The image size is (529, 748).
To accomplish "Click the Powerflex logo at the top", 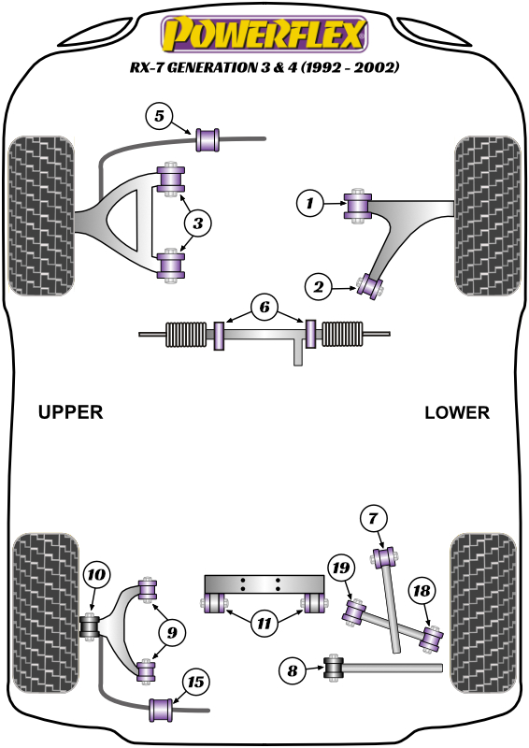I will [x=264, y=36].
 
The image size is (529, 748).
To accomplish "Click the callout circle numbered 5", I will [x=160, y=117].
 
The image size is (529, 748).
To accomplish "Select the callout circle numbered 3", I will [x=198, y=223].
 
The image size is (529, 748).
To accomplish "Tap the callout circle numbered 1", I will [x=309, y=201].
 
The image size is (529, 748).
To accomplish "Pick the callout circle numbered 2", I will [x=319, y=288].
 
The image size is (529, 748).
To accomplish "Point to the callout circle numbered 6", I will [x=264, y=307].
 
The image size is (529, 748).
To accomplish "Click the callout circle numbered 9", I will [x=171, y=633].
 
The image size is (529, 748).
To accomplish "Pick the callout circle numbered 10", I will [x=96, y=576].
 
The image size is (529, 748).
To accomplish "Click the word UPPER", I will [x=70, y=412].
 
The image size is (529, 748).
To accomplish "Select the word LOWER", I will [x=456, y=412].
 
